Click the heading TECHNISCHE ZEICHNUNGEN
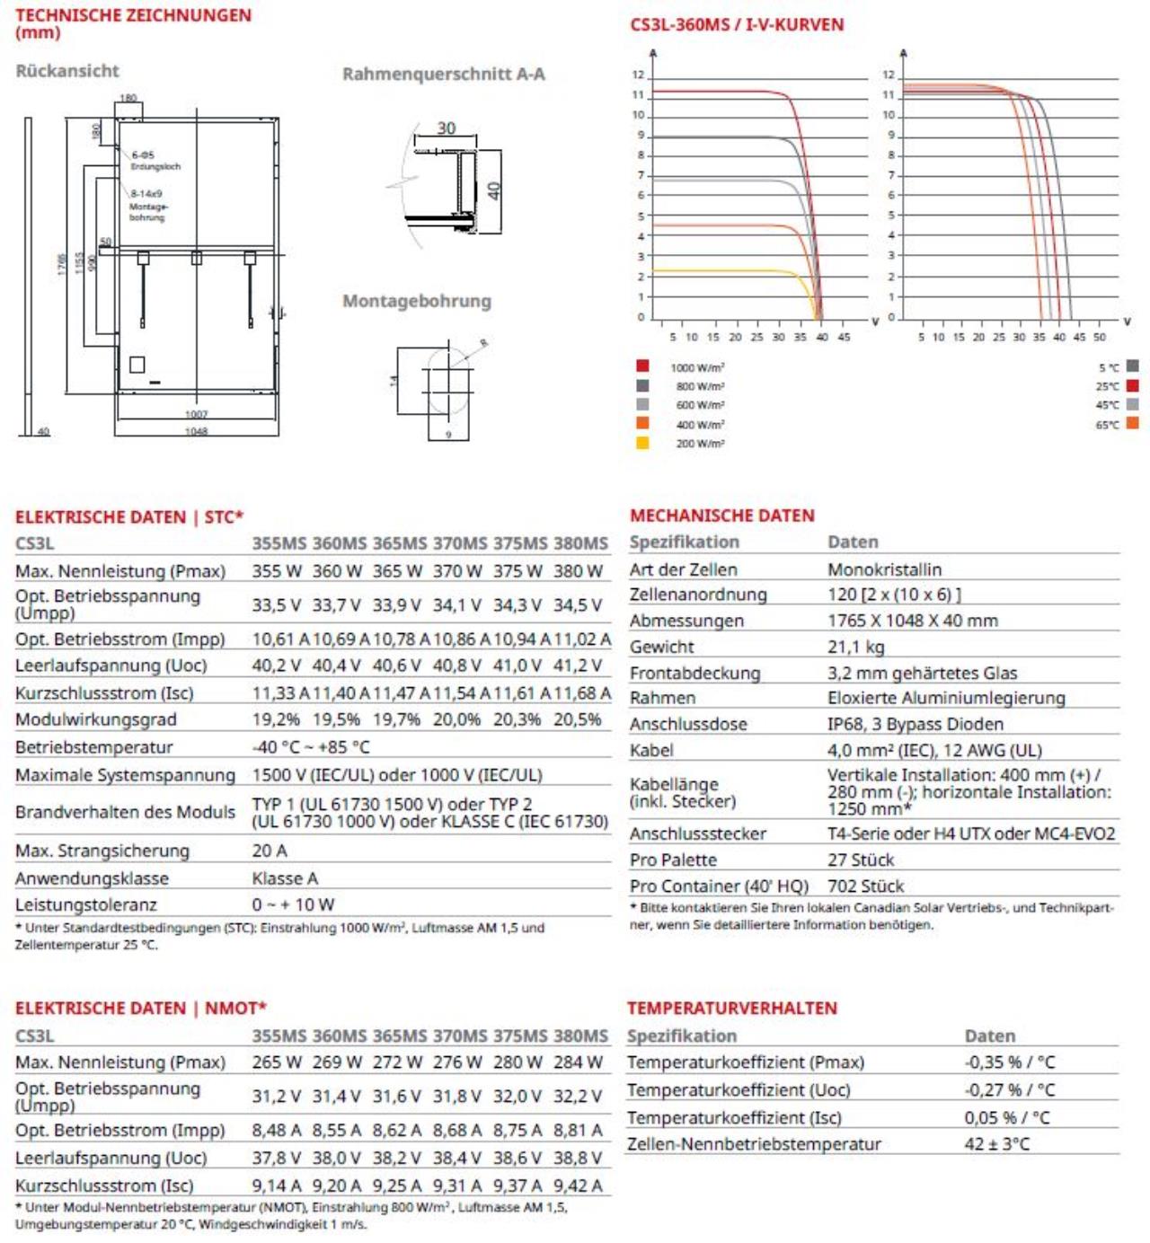point(133,15)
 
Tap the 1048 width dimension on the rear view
point(196,432)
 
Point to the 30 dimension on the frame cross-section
point(446,128)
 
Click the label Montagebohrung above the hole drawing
point(417,301)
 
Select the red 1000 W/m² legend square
point(642,366)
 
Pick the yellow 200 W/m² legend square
point(642,443)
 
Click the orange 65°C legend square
point(1132,424)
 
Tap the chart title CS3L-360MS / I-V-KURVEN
point(737,24)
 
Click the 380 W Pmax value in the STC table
point(578,571)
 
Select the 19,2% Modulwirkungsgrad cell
point(276,719)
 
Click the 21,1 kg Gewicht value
point(855,647)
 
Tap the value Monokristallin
point(884,569)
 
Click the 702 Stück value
point(865,886)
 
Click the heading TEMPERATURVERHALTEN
point(731,1008)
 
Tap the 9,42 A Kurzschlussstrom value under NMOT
point(578,1186)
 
